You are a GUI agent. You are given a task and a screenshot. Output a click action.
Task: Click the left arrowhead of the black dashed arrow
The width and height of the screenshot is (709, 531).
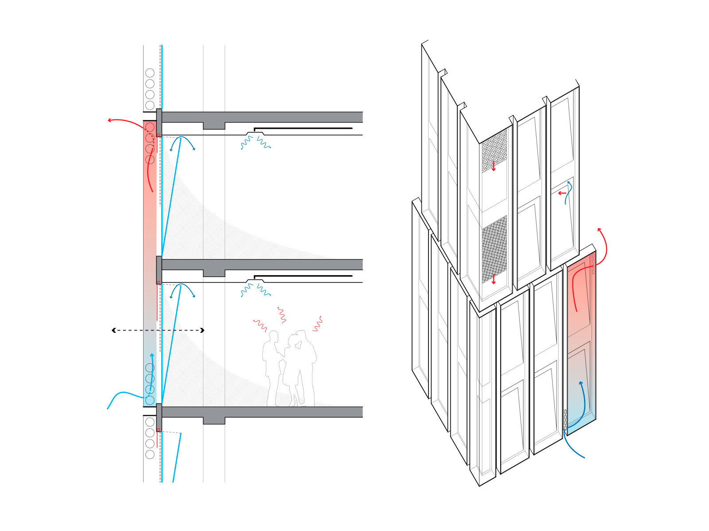(x=113, y=330)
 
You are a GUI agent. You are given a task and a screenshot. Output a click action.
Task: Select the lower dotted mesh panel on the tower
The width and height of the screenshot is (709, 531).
(x=494, y=248)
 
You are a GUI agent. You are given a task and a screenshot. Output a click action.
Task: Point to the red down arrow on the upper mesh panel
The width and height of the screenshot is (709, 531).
(x=494, y=166)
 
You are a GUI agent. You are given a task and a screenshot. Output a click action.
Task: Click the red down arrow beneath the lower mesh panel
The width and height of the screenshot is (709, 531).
(x=494, y=279)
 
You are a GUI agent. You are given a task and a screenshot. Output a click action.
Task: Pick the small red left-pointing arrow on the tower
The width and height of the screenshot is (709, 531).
(x=561, y=193)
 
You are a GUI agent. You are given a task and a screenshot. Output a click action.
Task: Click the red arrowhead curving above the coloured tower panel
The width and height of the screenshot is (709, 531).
(x=600, y=230)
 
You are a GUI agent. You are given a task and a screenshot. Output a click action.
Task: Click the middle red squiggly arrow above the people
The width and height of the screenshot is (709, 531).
(x=281, y=314)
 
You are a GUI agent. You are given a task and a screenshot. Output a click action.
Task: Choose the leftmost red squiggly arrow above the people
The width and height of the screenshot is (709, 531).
(x=260, y=325)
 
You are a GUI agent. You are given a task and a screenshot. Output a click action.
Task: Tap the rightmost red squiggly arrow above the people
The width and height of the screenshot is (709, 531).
(x=317, y=324)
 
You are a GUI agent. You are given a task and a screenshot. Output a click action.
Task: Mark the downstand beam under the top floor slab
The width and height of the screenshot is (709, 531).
(x=214, y=126)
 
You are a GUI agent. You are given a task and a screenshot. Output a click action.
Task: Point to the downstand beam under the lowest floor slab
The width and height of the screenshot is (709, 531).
(x=214, y=420)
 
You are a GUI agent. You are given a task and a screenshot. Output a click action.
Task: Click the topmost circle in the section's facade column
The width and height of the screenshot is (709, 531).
(x=150, y=73)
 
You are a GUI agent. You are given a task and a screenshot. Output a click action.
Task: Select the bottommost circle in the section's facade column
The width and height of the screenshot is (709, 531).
(x=150, y=454)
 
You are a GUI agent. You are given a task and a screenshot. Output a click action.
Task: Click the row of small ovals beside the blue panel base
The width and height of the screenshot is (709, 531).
(x=565, y=419)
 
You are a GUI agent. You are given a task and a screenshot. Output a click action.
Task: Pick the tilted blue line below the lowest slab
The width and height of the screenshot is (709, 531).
(x=177, y=458)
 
